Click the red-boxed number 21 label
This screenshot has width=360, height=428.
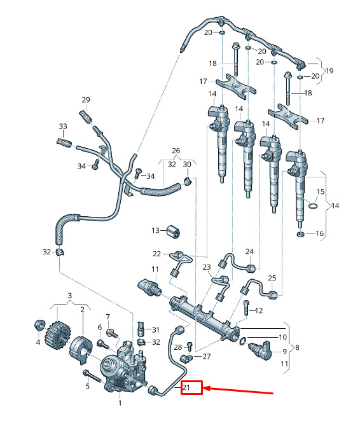coord(186,387)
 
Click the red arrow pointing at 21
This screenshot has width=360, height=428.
coord(238,390)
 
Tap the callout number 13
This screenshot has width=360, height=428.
coord(155,230)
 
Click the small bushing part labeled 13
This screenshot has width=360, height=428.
coord(173,231)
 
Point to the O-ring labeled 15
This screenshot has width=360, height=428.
coord(313,205)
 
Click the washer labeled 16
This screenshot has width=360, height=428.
coord(300,234)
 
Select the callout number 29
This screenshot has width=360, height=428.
coord(86,100)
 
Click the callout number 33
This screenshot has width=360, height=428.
coord(63,127)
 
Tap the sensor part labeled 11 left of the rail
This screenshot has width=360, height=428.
coord(150,287)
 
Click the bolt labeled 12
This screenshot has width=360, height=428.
coord(246,307)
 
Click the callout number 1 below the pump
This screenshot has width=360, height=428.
coord(120,403)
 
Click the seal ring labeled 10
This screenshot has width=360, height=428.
coord(242,341)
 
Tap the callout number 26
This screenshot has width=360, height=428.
coord(176,151)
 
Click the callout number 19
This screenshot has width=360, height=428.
coord(329,71)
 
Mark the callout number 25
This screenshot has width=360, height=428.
coord(272,278)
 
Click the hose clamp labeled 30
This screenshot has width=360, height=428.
coord(188,181)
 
